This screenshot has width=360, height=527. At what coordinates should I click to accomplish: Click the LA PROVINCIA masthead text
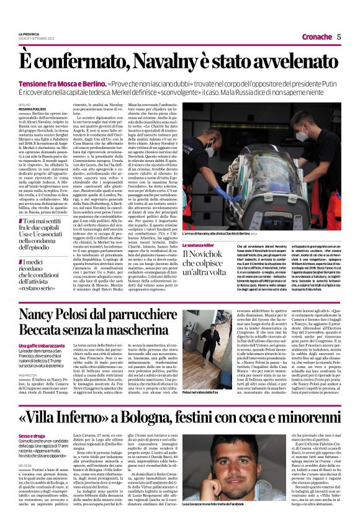point(29,34)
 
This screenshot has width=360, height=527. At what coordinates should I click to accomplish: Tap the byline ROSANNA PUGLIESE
point(31,110)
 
